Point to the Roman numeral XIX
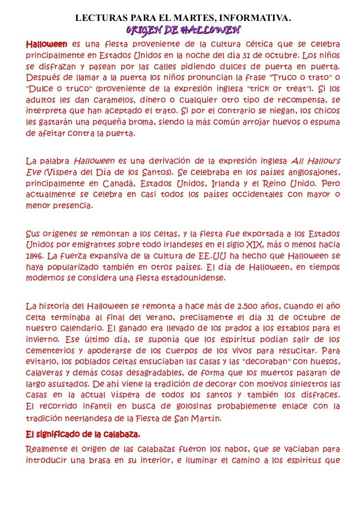tap(256, 244)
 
